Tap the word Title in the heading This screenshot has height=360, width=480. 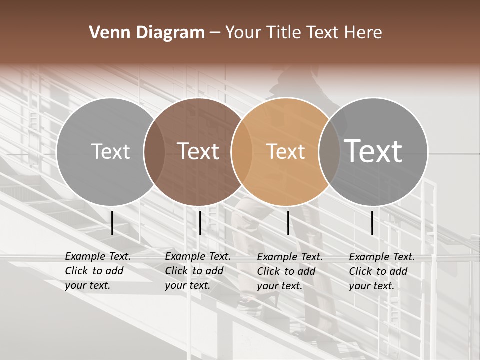point(285,33)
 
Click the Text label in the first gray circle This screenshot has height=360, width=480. point(110,151)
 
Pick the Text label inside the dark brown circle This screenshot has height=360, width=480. point(198,151)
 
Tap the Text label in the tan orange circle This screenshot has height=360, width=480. point(285,151)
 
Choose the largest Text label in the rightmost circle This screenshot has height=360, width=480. point(373,151)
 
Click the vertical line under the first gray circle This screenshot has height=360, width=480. point(112,223)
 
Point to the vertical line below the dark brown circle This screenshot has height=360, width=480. point(200,223)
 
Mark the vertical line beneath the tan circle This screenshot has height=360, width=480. point(288,223)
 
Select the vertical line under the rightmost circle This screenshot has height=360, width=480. point(372,223)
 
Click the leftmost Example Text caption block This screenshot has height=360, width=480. point(98,271)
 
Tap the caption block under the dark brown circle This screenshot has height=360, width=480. point(198,271)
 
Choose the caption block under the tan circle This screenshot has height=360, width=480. point(290,271)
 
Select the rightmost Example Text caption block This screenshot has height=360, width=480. point(382,271)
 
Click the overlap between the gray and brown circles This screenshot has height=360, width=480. point(154,152)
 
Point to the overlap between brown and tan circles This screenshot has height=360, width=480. point(241,152)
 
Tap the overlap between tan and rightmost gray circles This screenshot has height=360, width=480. point(329,152)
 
